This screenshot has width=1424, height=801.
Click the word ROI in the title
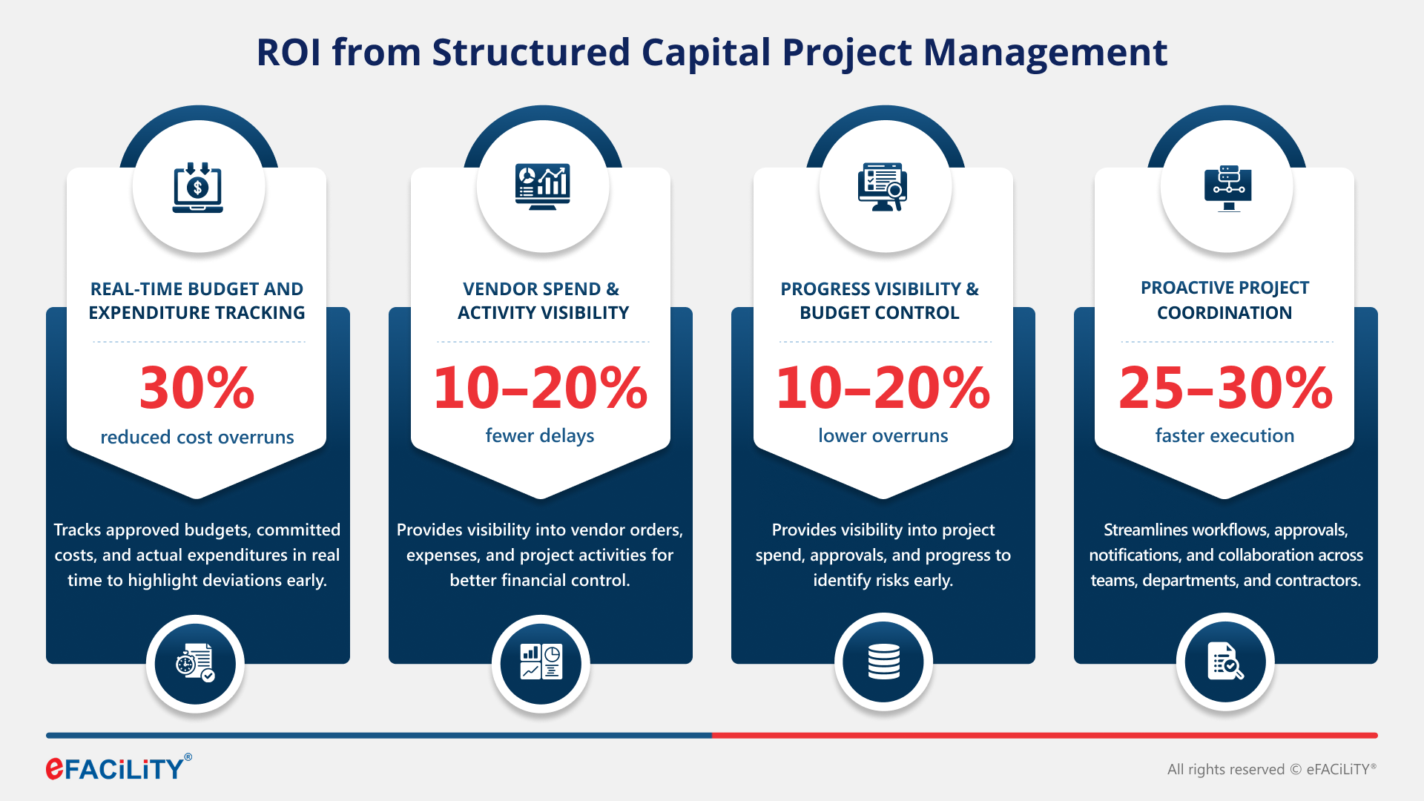(289, 53)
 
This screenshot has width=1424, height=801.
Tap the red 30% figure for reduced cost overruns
(197, 387)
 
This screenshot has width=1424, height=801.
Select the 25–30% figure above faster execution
(1225, 387)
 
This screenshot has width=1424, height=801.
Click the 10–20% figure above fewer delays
(540, 387)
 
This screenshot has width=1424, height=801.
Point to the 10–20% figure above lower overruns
(883, 387)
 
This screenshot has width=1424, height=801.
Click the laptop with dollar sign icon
(197, 188)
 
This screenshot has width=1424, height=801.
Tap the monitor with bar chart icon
(542, 186)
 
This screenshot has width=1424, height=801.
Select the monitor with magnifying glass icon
(883, 187)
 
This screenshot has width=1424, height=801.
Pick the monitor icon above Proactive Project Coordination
(1227, 188)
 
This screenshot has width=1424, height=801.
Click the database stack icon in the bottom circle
(883, 662)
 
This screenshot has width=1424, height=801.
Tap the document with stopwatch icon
(195, 663)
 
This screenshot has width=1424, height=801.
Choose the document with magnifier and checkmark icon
(1225, 662)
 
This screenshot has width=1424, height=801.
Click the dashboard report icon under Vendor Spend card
(541, 662)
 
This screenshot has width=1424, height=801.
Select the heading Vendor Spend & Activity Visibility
(542, 300)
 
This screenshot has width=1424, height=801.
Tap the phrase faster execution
(1224, 435)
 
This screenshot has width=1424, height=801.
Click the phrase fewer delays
(540, 435)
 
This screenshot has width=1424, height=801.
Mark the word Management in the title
(1045, 53)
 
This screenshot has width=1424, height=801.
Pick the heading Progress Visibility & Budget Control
(880, 300)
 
